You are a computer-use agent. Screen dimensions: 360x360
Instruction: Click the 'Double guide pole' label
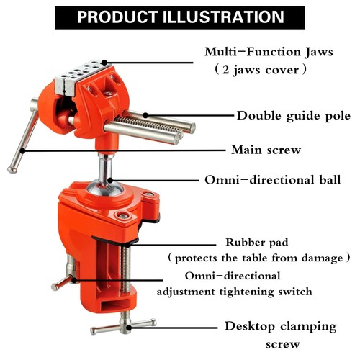pyautogui.click(x=294, y=115)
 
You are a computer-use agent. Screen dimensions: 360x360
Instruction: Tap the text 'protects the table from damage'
pyautogui.click(x=259, y=258)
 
